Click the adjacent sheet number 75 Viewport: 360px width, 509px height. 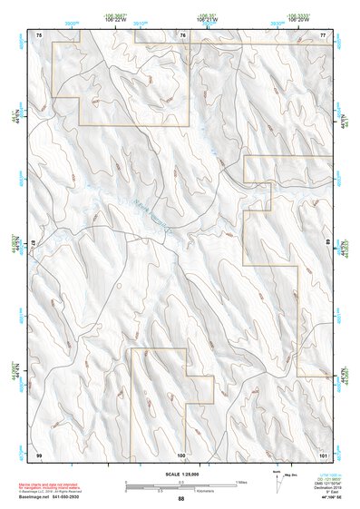[39, 34]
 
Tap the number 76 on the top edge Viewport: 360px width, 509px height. [183, 34]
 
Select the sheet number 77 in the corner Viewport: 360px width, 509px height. [323, 34]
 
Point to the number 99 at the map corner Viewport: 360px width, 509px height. [39, 453]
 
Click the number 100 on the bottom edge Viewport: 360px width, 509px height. [181, 453]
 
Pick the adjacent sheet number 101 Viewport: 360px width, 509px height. [323, 453]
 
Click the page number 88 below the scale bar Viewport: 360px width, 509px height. [181, 499]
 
